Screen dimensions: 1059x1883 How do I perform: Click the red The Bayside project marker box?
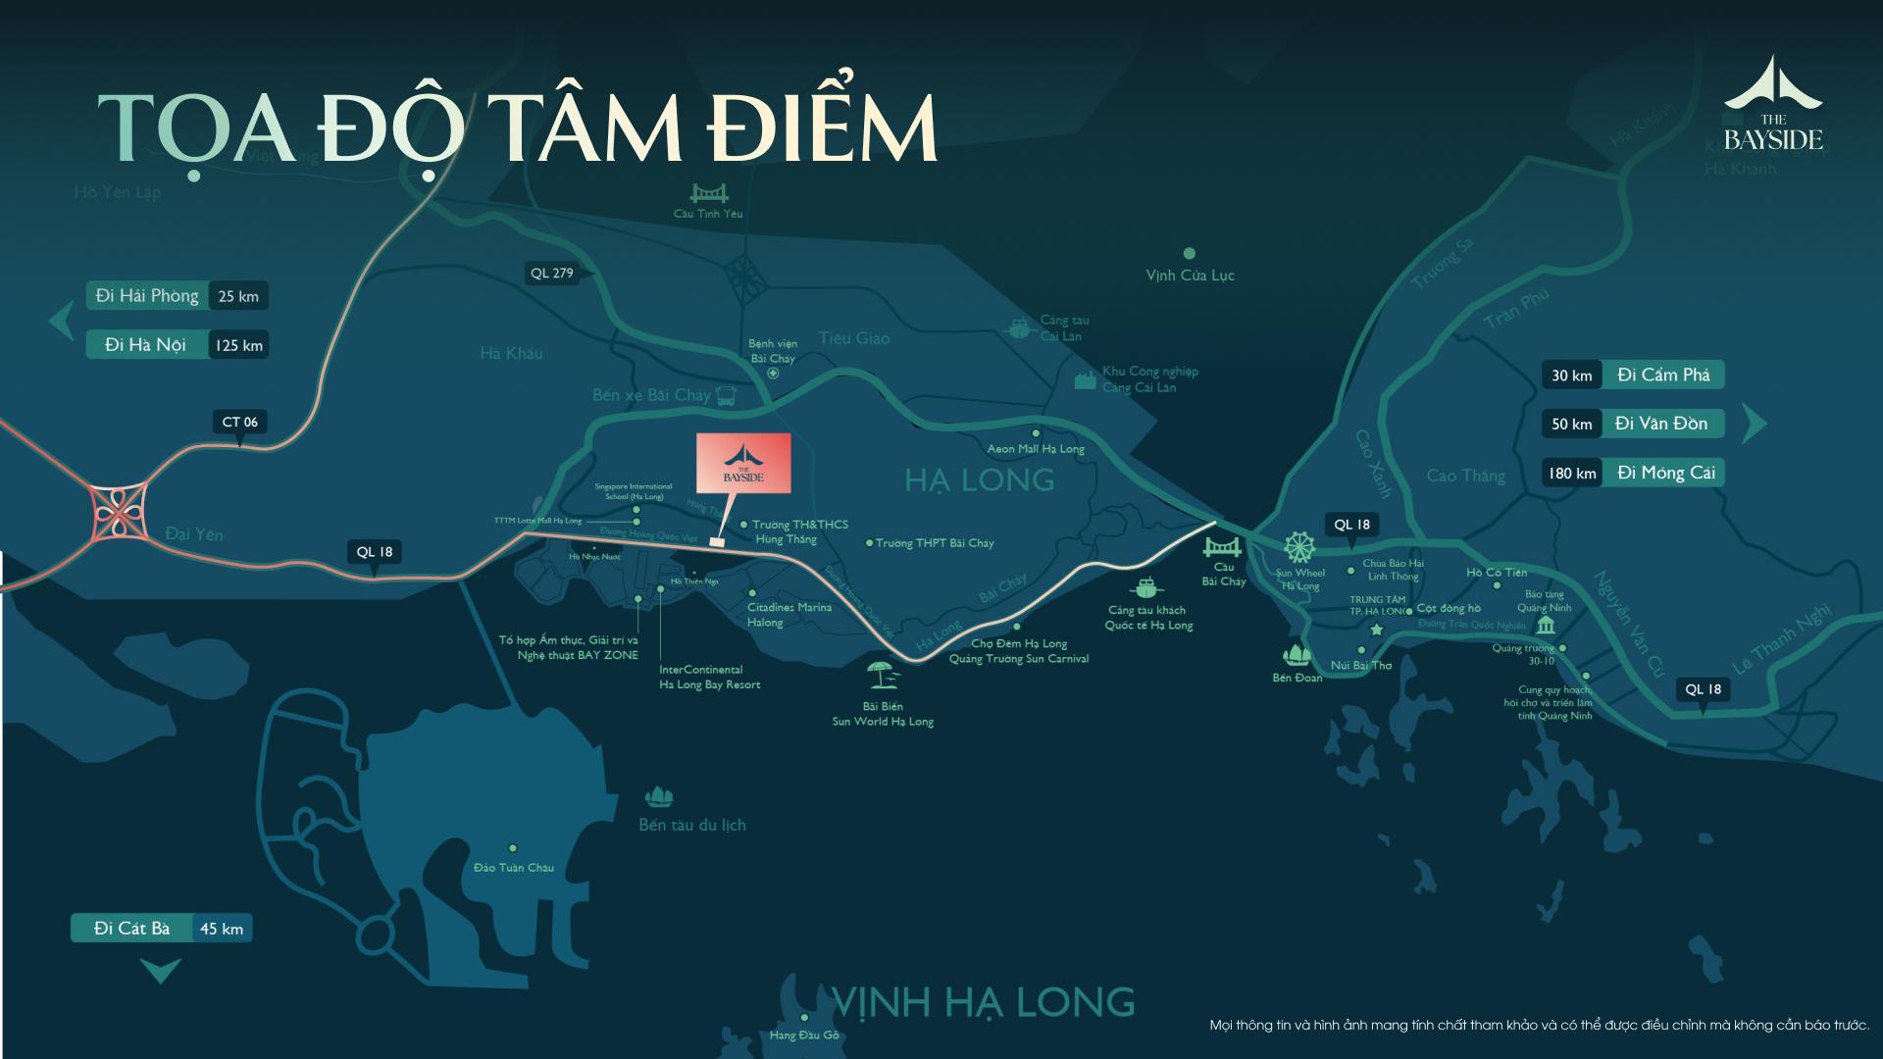tap(742, 463)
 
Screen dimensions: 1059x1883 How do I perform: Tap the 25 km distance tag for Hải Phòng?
tap(238, 296)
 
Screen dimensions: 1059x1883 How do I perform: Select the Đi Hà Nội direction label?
tap(146, 345)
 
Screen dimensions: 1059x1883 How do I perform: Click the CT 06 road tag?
tap(239, 423)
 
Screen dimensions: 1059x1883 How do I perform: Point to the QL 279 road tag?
tap(551, 274)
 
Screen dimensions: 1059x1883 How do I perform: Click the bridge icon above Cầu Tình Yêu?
tap(708, 192)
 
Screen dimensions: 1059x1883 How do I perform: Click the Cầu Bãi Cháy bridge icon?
tap(1223, 547)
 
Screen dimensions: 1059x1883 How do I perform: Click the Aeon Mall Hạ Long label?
tap(1036, 449)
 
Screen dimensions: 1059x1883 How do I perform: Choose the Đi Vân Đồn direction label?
tap(1661, 424)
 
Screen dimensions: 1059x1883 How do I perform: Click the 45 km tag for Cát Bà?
tap(222, 929)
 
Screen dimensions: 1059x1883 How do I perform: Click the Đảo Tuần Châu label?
tap(513, 868)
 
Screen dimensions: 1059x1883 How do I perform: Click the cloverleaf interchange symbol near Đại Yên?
tap(117, 513)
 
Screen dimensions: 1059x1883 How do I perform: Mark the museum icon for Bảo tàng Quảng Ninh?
tap(1547, 627)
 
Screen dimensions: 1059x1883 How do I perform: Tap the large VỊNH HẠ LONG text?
tap(983, 1002)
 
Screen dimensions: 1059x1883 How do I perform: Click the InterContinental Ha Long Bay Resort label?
tap(709, 677)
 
